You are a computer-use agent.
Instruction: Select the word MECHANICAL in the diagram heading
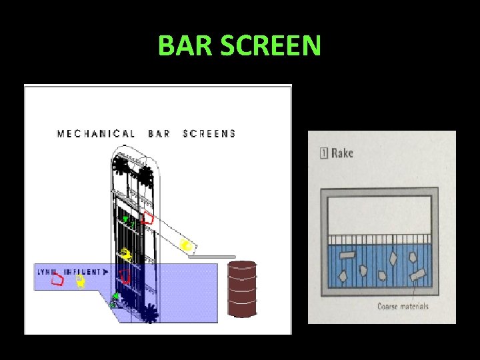coord(95,133)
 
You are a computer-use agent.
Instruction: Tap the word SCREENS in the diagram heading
coord(209,133)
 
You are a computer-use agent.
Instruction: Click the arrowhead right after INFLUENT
coord(105,272)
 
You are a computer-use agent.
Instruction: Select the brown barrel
coord(242,288)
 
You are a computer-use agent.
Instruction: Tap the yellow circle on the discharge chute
coord(187,246)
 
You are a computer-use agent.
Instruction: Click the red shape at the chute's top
coord(149,218)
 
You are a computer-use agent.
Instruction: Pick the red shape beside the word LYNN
coord(58,279)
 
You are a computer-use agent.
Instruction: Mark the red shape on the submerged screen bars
coord(124,276)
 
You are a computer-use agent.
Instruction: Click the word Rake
coord(342,153)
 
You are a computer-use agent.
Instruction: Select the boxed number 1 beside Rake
coord(324,153)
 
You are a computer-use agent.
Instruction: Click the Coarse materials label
coord(403,307)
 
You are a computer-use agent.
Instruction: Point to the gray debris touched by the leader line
coord(417,275)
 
